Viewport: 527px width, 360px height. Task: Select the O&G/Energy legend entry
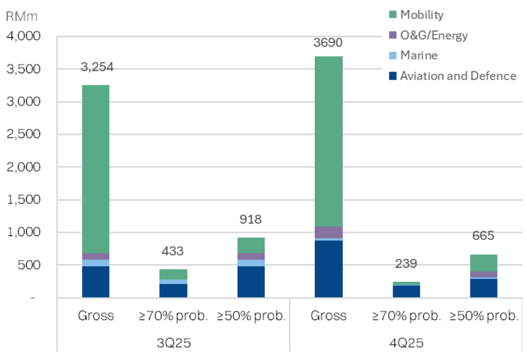(x=434, y=35)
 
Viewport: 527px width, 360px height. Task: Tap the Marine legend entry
(x=419, y=55)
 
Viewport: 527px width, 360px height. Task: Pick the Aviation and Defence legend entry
(x=458, y=76)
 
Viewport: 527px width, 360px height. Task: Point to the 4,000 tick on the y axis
(x=22, y=37)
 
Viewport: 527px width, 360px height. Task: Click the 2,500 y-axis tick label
(x=22, y=134)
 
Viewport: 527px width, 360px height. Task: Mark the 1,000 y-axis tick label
(x=22, y=233)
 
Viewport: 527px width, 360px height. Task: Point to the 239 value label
(x=406, y=264)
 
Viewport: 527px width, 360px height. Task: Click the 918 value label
(x=251, y=220)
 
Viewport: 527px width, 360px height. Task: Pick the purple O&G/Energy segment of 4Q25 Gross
(x=329, y=232)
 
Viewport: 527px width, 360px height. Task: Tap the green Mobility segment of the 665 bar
(x=484, y=263)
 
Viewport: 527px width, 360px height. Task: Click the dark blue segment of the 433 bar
(x=173, y=290)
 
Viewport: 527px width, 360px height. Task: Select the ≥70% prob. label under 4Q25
(x=406, y=316)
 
